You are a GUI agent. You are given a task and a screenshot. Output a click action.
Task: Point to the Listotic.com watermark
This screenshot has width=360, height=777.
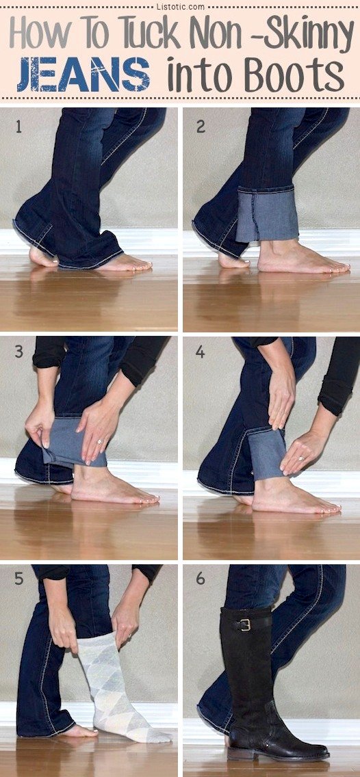tap(179, 5)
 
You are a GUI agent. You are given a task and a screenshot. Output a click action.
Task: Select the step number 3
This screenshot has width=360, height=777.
tap(18, 353)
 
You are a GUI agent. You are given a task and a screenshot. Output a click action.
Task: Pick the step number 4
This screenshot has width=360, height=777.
tap(201, 353)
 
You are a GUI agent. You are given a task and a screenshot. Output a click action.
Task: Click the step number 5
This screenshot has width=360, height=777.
tap(18, 579)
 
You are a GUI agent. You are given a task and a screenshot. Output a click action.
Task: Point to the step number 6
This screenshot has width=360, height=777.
tap(201, 579)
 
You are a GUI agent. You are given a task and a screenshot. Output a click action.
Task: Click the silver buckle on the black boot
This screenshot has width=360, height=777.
tap(244, 624)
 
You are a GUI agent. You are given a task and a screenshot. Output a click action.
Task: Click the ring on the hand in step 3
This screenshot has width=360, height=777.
tap(99, 442)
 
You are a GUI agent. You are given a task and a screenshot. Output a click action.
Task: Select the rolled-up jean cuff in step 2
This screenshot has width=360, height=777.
tap(267, 215)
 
